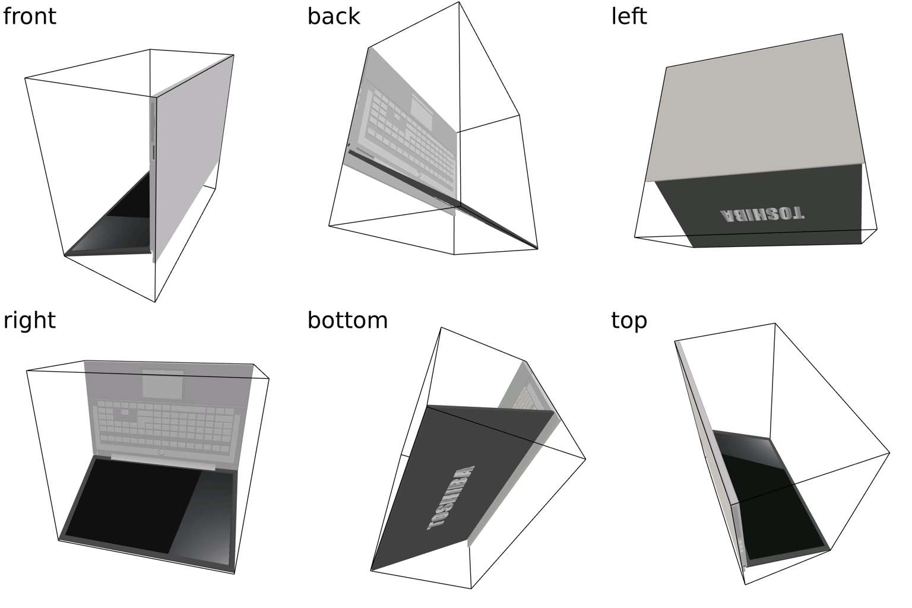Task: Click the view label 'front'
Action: [30, 16]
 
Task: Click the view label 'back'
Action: [333, 16]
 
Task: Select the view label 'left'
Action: [629, 16]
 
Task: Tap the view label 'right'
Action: [30, 320]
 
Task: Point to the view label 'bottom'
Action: [347, 320]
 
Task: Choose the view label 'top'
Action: [629, 320]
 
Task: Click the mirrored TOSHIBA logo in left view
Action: [762, 214]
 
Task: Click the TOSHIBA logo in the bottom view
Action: [451, 498]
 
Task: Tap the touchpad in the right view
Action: [163, 385]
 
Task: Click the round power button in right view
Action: [161, 453]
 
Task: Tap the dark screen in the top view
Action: [772, 499]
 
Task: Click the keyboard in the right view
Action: [166, 422]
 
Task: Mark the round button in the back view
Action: [418, 175]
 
